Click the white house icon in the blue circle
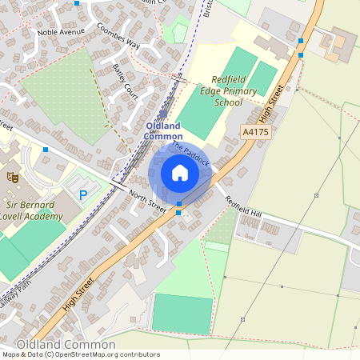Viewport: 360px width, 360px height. point(180,173)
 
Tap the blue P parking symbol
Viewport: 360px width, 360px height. point(82,194)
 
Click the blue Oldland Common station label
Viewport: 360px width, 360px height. point(162,131)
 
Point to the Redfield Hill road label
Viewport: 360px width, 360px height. point(242,207)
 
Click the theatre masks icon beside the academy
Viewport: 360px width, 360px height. point(12,176)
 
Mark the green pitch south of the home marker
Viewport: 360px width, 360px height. point(182,313)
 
